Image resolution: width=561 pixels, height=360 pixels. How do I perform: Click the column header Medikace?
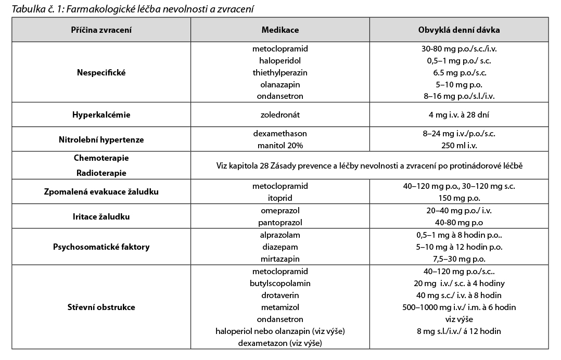click(x=280, y=30)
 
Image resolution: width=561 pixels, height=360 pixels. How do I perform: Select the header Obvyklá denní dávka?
click(x=458, y=30)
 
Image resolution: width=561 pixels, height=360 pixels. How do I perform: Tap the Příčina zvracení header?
click(x=101, y=30)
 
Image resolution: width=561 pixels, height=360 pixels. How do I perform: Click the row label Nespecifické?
click(x=101, y=72)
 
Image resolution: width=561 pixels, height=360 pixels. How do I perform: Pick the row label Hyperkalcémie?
click(x=101, y=114)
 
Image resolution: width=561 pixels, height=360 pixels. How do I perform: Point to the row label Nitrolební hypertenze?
click(x=101, y=139)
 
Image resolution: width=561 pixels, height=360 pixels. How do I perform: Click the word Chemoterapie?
click(x=101, y=158)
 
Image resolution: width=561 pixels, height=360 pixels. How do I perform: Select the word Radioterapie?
click(x=101, y=173)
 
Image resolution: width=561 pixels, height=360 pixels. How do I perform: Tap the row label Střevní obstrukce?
click(x=101, y=307)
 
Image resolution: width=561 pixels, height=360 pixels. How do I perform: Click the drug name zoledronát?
click(x=280, y=114)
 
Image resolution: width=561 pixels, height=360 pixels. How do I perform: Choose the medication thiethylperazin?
click(x=280, y=72)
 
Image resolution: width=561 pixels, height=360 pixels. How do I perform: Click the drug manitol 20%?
click(x=280, y=145)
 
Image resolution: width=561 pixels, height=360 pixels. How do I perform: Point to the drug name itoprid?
click(x=280, y=198)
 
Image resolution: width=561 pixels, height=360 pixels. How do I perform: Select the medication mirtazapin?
click(x=280, y=259)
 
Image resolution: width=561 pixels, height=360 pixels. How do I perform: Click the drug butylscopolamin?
click(x=280, y=284)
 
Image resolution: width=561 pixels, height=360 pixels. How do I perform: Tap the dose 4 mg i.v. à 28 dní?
click(x=458, y=114)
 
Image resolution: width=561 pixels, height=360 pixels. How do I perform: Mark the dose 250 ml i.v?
click(x=458, y=145)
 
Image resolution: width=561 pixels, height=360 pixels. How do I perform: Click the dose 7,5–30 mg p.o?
click(x=458, y=259)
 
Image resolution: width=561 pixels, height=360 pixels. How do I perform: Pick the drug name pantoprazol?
click(x=280, y=222)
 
